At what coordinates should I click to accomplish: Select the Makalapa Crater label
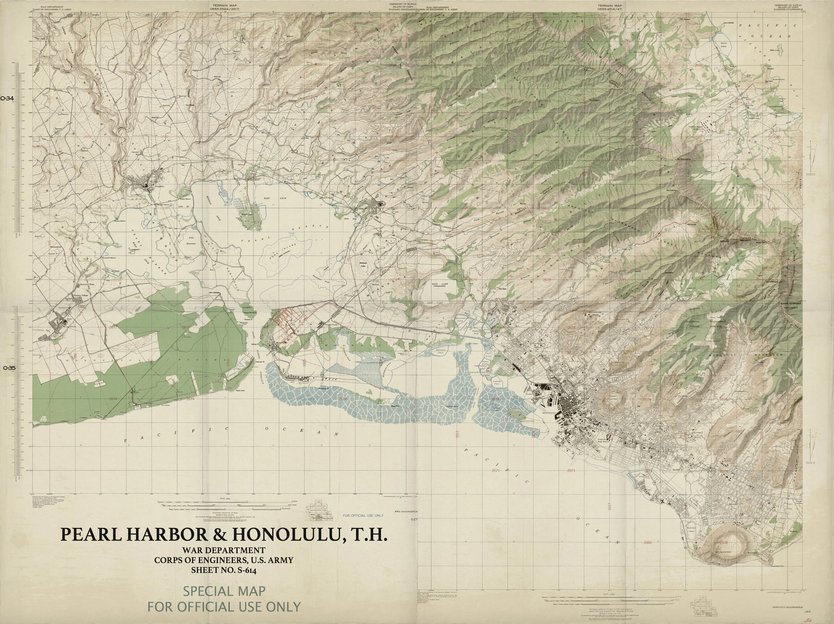pos(364,264)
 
